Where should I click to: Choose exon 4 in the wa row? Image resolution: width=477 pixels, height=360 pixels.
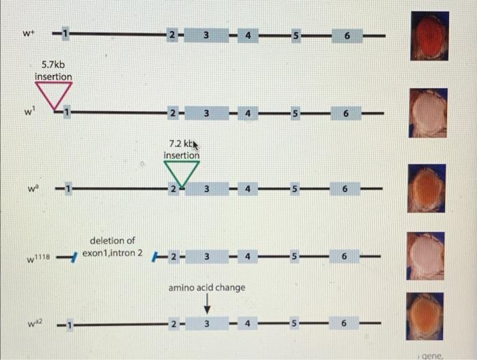[249, 188]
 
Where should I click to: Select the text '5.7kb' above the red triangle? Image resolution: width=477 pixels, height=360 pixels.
[54, 65]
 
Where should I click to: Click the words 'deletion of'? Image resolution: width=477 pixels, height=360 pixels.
[112, 241]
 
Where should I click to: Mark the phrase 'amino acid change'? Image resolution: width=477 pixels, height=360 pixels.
[206, 288]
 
